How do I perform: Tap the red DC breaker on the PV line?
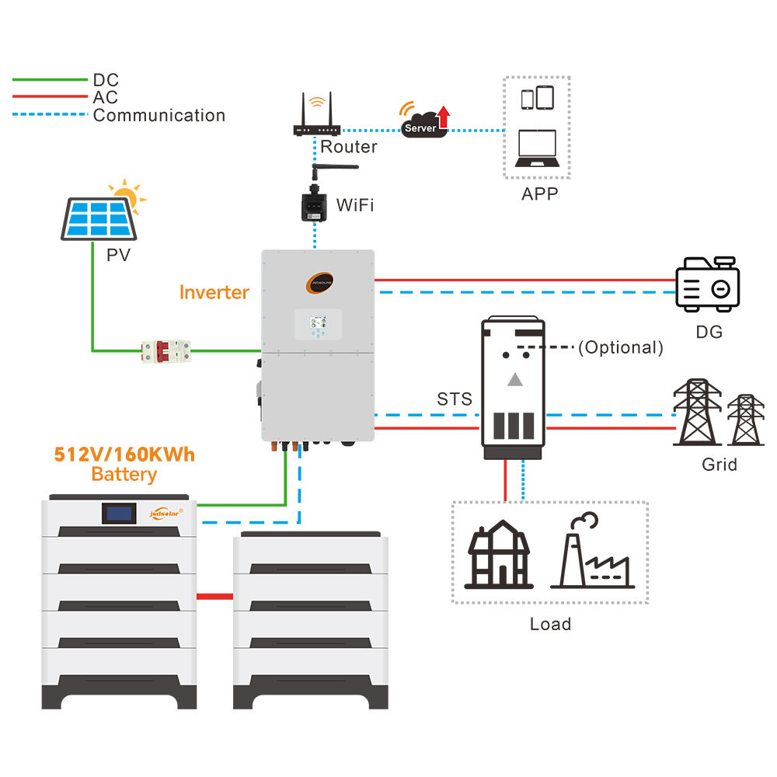[x=166, y=350]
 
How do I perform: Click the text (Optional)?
[x=621, y=348]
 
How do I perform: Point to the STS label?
[x=455, y=399]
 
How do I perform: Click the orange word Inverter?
[x=214, y=292]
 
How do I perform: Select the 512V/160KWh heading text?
[x=124, y=454]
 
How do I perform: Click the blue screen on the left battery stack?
[x=123, y=513]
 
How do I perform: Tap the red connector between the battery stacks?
[x=214, y=597]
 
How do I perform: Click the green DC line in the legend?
[x=51, y=79]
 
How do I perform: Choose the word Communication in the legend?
[x=159, y=116]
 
